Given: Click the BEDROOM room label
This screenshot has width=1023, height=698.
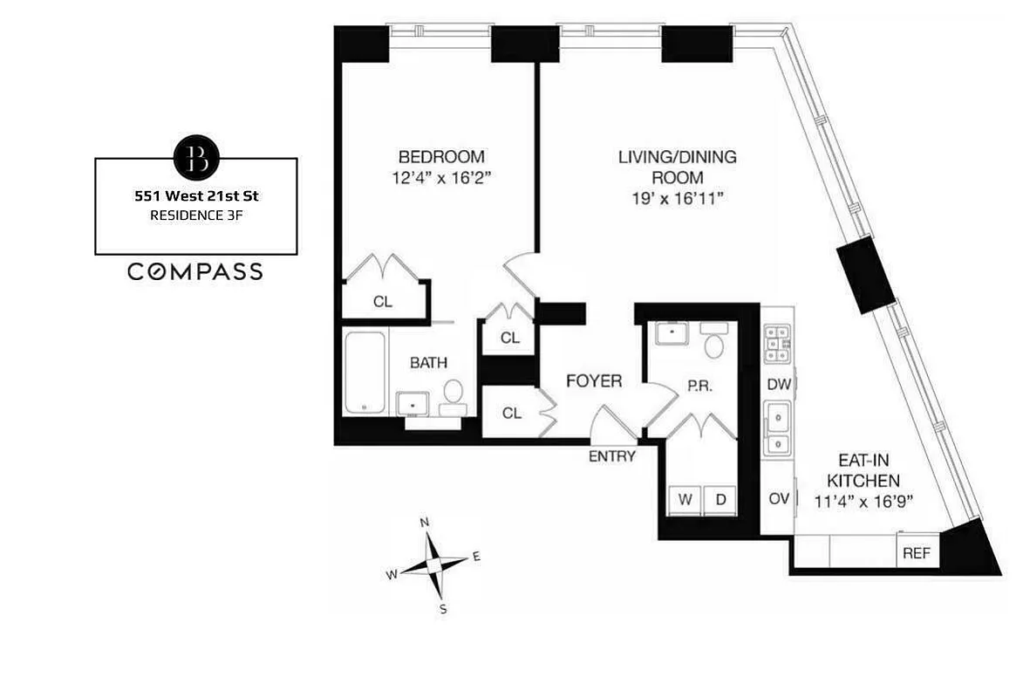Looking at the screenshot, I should coord(440,157).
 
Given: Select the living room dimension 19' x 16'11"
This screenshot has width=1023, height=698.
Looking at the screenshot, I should coord(678,199).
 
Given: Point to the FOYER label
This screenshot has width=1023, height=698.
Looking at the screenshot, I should coord(594,381).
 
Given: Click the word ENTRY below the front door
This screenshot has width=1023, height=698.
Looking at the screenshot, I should coord(612,456).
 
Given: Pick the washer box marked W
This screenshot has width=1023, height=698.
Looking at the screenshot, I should coord(685,499).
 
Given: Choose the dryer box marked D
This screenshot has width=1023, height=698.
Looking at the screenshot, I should coord(720,499).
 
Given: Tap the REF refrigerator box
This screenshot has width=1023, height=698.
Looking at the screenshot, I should coord(915,552).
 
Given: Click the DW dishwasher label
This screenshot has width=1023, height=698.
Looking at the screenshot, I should coord(777,384).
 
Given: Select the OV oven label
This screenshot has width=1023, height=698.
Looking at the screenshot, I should coord(779,498).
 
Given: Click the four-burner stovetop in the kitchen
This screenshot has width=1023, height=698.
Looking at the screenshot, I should coord(777,343).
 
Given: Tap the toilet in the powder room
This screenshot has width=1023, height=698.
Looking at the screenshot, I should coord(714,346).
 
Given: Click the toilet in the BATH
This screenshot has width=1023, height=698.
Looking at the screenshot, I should coord(454,394).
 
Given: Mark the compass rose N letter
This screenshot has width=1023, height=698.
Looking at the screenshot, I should coord(425,523).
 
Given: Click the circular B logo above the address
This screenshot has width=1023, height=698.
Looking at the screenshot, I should coord(196,158).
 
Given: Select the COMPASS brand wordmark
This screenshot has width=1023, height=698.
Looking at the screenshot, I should coord(195,272).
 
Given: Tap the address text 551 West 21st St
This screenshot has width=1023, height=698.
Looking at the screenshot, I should coord(195,197).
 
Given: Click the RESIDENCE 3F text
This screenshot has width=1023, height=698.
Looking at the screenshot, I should coord(195,216).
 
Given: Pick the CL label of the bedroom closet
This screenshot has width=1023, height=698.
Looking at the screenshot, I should coord(382,302).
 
